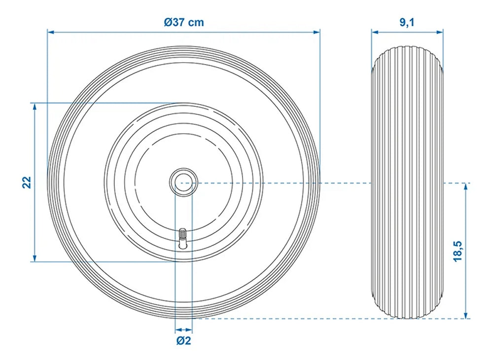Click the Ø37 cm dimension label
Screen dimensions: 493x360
pyautogui.click(x=183, y=22)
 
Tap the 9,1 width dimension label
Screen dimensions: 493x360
pyautogui.click(x=407, y=22)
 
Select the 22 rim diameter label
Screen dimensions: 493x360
pyautogui.click(x=27, y=182)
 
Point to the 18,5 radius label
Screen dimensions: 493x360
pyautogui.click(x=458, y=251)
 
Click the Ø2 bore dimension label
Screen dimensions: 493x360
pyautogui.click(x=183, y=340)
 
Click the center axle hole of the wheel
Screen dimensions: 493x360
pyautogui.click(x=183, y=182)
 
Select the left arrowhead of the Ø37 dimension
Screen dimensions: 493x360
pyautogui.click(x=51, y=32)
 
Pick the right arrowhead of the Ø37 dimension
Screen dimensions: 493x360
pyautogui.click(x=316, y=32)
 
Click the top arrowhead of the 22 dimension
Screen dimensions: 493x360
pyautogui.click(x=35, y=107)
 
